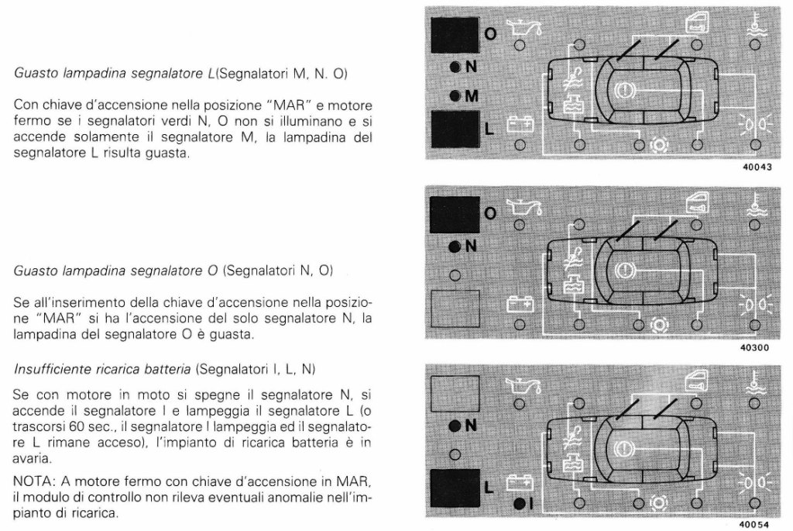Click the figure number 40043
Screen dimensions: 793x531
pos(757,167)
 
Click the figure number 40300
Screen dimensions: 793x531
pos(754,348)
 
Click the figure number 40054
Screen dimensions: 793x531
pos(754,525)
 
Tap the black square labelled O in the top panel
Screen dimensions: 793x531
pos(455,35)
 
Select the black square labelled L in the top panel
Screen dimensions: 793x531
pos(455,129)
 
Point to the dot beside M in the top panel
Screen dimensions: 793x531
pos(455,95)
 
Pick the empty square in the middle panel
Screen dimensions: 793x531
pos(454,309)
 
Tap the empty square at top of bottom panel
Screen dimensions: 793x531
pos(454,394)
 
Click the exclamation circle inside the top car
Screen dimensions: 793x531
pos(622,91)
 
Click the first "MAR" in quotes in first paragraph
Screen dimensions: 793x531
pos(289,105)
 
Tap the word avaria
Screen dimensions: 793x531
pos(32,459)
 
